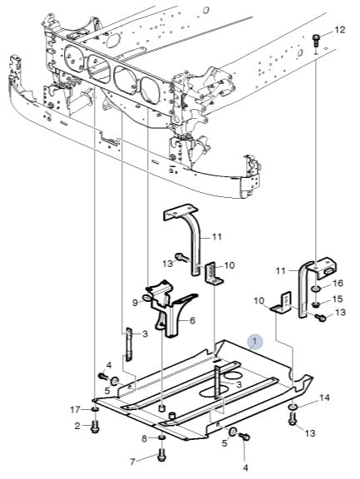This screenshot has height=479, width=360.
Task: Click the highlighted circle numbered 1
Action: click(x=255, y=341)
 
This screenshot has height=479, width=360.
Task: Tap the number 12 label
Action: click(x=339, y=30)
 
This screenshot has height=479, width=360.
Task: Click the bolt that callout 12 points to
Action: click(x=315, y=41)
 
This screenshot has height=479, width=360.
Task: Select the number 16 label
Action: click(x=338, y=284)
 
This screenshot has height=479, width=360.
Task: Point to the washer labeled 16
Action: click(x=316, y=288)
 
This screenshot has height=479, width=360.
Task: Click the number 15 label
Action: click(x=337, y=299)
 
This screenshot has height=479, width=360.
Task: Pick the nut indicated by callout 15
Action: click(x=316, y=304)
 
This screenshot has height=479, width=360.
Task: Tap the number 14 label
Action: click(x=324, y=398)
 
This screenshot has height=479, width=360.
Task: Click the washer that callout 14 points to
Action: click(x=293, y=407)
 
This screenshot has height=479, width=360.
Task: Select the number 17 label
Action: click(x=75, y=409)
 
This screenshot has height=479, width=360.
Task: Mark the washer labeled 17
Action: click(x=96, y=409)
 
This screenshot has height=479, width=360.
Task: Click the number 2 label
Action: click(x=77, y=426)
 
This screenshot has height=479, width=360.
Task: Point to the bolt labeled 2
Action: click(x=96, y=427)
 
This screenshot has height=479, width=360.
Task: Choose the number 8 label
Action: click(x=144, y=439)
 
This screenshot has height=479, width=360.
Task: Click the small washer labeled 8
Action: click(x=162, y=438)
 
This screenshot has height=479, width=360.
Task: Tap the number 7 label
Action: click(x=132, y=462)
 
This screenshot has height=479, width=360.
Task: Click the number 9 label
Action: click(x=135, y=303)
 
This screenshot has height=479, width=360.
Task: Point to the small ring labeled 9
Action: click(x=146, y=297)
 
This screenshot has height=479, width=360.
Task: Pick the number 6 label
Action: click(x=192, y=320)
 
